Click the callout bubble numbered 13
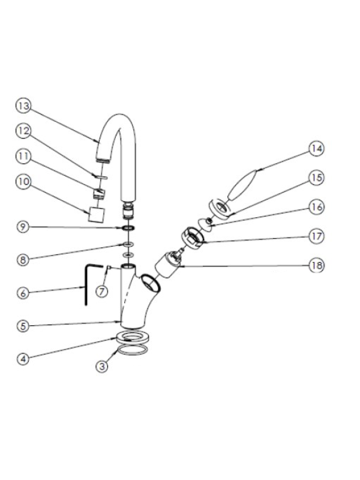23,106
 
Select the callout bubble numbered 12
23,131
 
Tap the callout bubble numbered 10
23,182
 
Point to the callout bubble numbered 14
316,149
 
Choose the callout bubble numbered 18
316,265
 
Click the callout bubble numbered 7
102,292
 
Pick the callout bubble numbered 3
102,366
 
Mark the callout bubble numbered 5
23,326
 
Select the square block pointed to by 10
97,214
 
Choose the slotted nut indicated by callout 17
193,238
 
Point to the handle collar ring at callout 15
220,209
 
